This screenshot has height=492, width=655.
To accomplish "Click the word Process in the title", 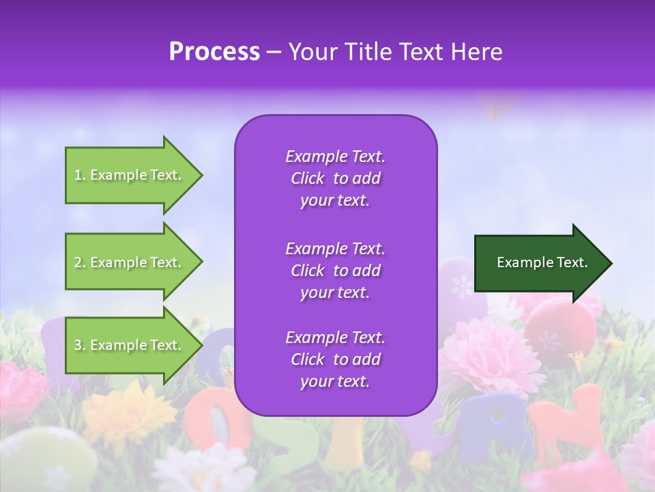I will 214,52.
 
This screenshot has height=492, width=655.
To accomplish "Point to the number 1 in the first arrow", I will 78,175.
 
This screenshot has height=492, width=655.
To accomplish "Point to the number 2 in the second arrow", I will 78,262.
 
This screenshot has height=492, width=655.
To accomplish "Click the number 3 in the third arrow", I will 78,345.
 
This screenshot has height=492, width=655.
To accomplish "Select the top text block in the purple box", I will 335,178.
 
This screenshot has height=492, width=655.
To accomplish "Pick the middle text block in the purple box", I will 335,271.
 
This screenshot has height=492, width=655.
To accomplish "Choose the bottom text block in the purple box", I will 335,359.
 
